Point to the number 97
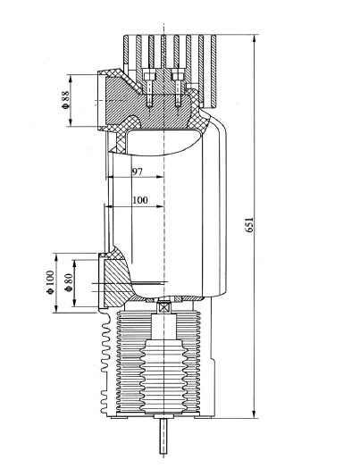click(x=138, y=171)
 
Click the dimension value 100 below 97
click(x=139, y=200)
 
